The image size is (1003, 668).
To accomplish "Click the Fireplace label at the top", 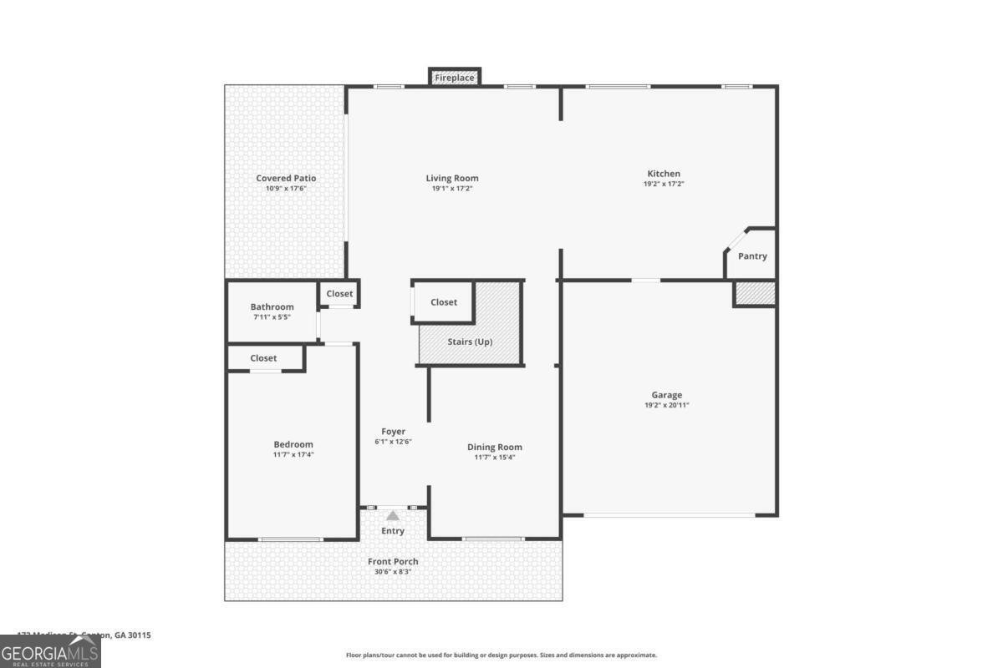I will [455, 78].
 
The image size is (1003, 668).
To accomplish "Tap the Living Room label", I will [452, 178].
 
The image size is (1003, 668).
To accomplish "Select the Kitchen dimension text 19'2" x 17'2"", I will [664, 184].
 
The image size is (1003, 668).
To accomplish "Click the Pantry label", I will [752, 256].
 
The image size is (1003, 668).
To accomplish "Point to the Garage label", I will [667, 395].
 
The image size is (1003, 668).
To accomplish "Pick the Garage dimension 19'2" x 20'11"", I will [667, 405].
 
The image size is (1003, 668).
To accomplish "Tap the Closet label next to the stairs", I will [444, 302].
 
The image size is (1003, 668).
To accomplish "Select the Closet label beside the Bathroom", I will [339, 294].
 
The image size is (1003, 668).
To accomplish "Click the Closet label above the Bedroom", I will [263, 358].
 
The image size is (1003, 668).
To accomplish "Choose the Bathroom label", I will [272, 306].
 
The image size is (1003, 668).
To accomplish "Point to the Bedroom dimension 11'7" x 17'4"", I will [293, 454].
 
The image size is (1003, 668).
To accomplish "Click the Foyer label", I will [393, 432].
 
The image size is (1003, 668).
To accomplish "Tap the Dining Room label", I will [495, 447].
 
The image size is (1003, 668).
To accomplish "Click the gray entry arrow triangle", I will [393, 516].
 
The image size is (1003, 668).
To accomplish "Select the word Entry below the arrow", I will [393, 531].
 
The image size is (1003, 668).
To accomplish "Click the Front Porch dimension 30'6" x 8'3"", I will [393, 571].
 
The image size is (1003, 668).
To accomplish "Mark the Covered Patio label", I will [286, 178].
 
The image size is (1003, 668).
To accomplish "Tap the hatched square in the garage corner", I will [755, 294].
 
